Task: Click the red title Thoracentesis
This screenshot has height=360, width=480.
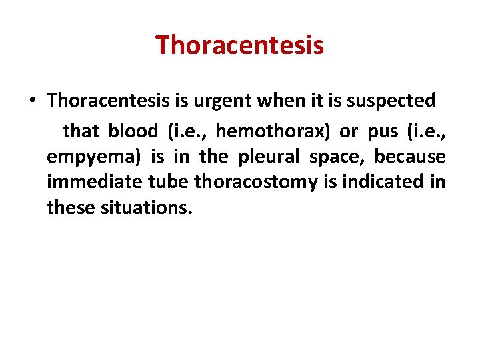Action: (x=239, y=46)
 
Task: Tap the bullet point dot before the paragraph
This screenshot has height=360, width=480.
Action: (x=33, y=101)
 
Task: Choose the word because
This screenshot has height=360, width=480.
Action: (x=409, y=157)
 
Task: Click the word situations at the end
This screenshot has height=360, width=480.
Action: (x=146, y=208)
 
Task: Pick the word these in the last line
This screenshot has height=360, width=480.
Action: (x=71, y=208)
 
